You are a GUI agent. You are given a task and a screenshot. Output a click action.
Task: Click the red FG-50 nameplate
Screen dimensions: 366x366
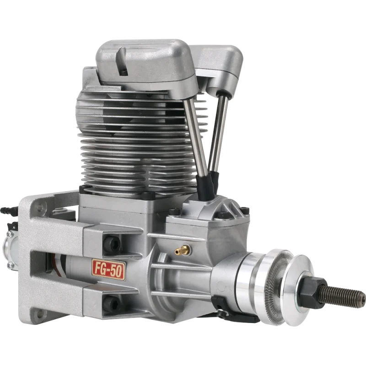click(x=109, y=269)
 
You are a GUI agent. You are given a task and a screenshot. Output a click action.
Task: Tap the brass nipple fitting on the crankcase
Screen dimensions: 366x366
click(x=182, y=250)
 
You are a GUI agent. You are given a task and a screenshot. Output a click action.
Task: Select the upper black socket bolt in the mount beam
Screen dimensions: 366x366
click(x=112, y=243)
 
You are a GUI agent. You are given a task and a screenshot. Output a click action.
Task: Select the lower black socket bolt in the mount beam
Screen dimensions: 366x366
click(x=111, y=303)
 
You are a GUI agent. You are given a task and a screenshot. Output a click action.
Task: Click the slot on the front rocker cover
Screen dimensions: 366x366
click(x=122, y=61)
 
